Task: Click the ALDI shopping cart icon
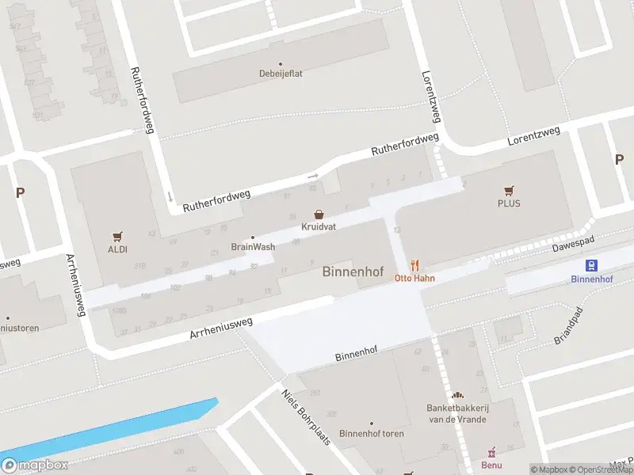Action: click(x=117, y=236)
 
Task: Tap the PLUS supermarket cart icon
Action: click(x=509, y=191)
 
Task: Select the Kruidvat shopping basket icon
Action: click(x=319, y=214)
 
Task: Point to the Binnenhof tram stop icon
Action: click(x=590, y=265)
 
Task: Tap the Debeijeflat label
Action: click(x=280, y=74)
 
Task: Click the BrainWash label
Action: click(x=253, y=246)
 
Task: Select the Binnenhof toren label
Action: click(x=371, y=433)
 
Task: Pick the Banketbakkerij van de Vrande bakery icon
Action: click(x=456, y=395)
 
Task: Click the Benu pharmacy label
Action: click(x=492, y=465)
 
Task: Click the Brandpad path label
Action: click(x=569, y=325)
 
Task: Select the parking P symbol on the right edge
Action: click(x=619, y=159)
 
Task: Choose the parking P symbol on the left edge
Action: click(x=20, y=192)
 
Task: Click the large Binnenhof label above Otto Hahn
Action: click(x=353, y=272)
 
